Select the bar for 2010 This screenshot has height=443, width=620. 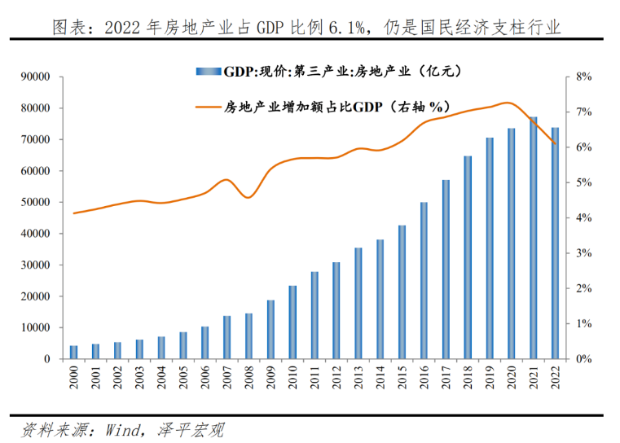click(x=293, y=322)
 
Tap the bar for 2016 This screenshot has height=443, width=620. click(x=424, y=280)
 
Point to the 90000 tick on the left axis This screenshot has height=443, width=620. click(x=36, y=77)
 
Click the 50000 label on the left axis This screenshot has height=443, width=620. click(x=36, y=202)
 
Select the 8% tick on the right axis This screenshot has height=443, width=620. click(x=583, y=77)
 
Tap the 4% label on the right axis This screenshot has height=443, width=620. click(x=583, y=218)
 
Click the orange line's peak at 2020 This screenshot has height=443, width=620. click(x=510, y=103)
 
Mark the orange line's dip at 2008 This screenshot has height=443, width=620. click(x=248, y=197)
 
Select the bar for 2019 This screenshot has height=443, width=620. click(x=490, y=248)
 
